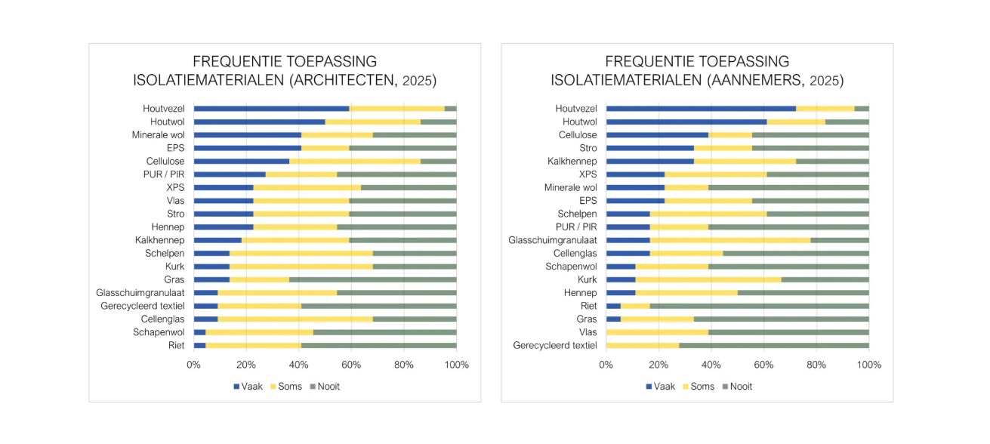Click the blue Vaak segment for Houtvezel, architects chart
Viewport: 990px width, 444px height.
click(271, 109)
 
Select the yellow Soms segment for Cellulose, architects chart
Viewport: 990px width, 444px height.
click(355, 162)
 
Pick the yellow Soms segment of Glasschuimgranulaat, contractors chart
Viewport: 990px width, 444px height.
click(729, 240)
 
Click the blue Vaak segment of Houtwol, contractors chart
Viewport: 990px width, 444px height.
click(686, 122)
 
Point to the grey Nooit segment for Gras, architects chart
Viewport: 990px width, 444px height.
click(372, 279)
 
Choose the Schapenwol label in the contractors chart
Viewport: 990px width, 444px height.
click(571, 267)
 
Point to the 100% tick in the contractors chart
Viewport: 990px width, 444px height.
click(868, 365)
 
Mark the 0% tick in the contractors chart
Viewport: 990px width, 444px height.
click(606, 365)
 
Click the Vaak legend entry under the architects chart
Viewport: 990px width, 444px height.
click(248, 387)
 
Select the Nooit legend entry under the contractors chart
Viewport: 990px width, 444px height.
click(736, 387)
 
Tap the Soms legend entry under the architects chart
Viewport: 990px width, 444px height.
click(286, 387)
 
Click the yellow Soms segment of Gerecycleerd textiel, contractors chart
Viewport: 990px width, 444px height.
click(643, 345)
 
